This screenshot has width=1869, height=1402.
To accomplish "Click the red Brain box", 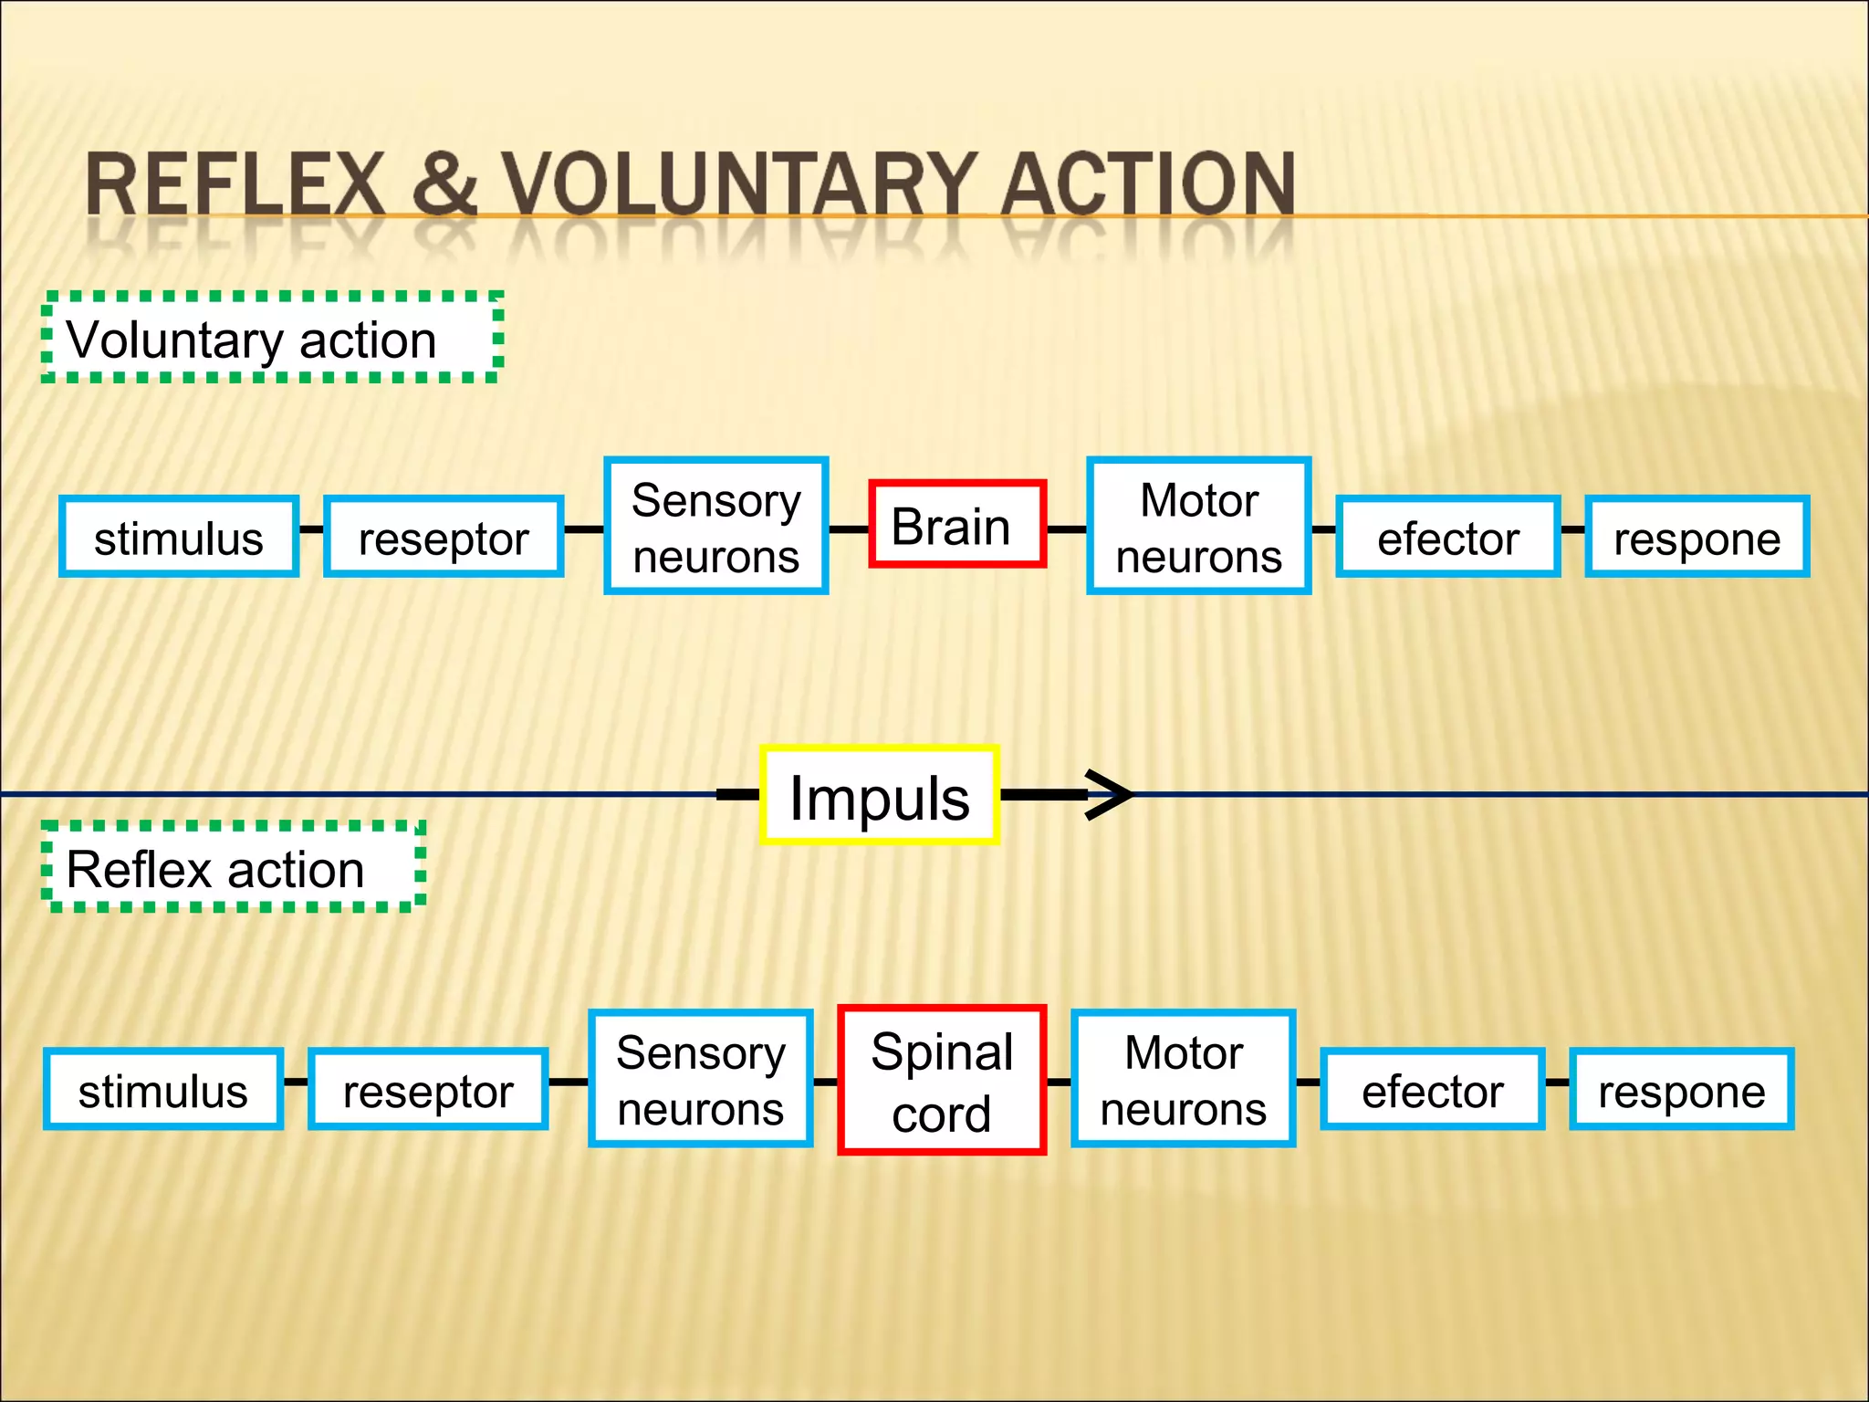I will [956, 525].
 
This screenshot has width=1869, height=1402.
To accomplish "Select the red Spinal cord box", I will [942, 1081].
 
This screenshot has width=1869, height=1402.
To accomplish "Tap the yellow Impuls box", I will [879, 796].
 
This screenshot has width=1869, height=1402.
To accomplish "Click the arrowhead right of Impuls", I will [1109, 795].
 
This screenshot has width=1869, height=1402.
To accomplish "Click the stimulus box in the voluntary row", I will [179, 537].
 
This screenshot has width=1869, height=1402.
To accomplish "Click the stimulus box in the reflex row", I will [163, 1090].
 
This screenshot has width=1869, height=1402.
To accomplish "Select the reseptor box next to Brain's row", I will [444, 537].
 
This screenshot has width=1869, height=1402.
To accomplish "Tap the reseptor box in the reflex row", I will [428, 1090].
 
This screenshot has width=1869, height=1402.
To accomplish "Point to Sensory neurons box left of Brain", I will [715, 527].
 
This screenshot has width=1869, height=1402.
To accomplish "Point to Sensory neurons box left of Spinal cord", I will [700, 1079].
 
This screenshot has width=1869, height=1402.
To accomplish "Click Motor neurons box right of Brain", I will [1198, 527].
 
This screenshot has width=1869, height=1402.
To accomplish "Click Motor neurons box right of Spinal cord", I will [1183, 1079].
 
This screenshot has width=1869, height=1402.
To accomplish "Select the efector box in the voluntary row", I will [1447, 537].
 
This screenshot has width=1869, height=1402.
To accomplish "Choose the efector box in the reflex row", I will [1432, 1090].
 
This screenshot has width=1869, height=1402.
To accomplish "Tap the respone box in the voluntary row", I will [1697, 537].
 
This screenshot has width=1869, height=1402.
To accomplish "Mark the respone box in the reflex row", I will [1681, 1090].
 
